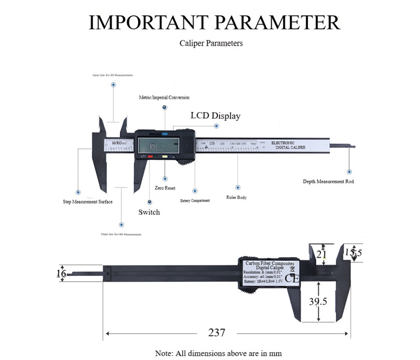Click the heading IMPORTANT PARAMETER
(214, 22)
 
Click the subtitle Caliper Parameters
(211, 43)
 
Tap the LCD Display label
(215, 116)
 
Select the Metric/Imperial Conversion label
(164, 98)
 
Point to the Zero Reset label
(165, 188)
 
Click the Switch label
(149, 212)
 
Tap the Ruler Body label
(236, 198)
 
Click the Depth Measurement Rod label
(328, 182)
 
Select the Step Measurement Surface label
(84, 202)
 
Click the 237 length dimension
(216, 333)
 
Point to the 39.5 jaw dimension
(318, 301)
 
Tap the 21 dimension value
(322, 254)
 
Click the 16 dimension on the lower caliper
(61, 273)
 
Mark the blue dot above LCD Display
(217, 126)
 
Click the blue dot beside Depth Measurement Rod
(349, 171)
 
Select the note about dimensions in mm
(218, 353)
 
